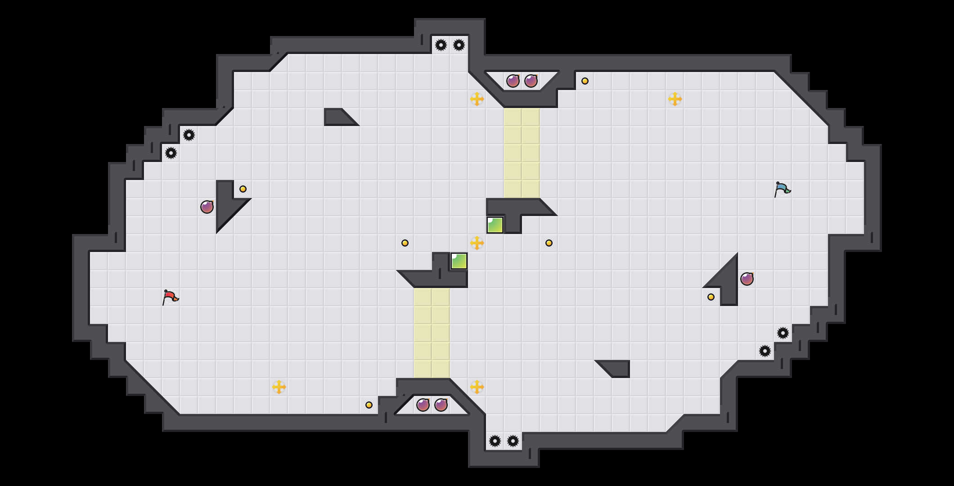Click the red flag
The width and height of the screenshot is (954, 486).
[170, 297]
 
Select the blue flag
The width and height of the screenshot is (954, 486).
[782, 189]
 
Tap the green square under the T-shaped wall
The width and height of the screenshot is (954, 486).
[495, 225]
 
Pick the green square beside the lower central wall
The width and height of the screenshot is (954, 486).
[459, 261]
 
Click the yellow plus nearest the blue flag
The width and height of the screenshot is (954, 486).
[675, 99]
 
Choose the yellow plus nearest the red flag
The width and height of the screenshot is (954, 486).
[279, 387]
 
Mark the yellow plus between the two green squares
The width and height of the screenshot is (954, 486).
[477, 243]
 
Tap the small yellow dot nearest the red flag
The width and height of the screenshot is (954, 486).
[243, 189]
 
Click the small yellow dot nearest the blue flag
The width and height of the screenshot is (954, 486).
[711, 297]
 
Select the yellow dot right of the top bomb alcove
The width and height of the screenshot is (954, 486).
[585, 81]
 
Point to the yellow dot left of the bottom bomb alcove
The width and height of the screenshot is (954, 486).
[369, 405]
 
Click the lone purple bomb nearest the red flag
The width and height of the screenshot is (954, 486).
[207, 207]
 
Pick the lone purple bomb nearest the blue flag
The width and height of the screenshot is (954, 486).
[747, 279]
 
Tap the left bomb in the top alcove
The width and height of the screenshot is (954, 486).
[513, 81]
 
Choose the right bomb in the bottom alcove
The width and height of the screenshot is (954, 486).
[441, 405]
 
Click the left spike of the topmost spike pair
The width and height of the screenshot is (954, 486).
[441, 45]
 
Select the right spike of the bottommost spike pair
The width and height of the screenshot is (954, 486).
[513, 441]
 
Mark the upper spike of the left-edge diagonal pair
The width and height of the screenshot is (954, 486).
[189, 135]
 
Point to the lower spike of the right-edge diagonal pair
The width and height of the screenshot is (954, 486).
[765, 351]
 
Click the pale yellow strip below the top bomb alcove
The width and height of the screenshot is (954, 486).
[522, 153]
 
